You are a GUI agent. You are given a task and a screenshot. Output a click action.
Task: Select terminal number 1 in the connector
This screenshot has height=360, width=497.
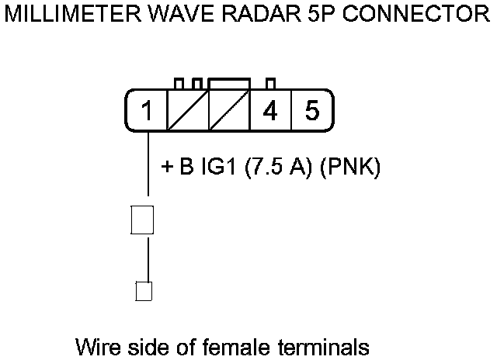[146, 111]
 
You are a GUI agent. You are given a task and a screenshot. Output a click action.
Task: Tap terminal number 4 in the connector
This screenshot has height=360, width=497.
[270, 111]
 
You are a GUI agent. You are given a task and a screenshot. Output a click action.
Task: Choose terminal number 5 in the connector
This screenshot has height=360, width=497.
[312, 111]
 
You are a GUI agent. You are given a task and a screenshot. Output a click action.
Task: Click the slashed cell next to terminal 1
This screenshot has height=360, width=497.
[187, 111]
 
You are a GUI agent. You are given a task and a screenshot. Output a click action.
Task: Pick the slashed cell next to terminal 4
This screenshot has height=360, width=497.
[228, 111]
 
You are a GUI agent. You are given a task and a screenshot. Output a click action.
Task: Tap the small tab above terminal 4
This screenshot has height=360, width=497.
[270, 84]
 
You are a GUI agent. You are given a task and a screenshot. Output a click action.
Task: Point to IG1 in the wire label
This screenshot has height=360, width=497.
[220, 168]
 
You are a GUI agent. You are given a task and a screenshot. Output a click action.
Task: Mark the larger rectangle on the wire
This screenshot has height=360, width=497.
[142, 220]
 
